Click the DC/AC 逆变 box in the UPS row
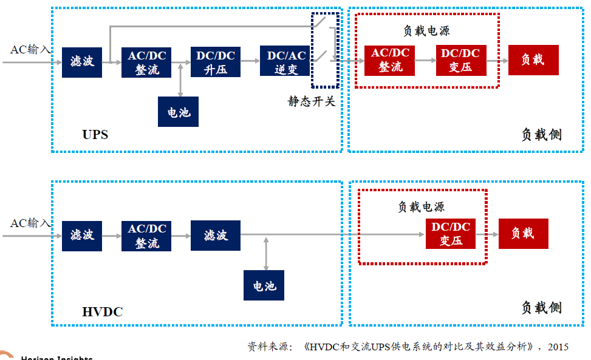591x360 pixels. point(285,61)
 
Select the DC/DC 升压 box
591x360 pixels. point(216,61)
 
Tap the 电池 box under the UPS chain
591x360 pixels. point(178,112)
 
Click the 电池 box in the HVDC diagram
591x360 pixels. point(264,285)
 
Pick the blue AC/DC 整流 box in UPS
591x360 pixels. point(146,61)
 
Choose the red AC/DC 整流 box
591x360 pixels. point(389,60)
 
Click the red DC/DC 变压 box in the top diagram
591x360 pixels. point(460,60)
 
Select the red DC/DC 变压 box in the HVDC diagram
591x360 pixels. point(451,233)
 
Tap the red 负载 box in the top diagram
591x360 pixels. point(533,59)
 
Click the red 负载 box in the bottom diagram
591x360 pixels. point(523,233)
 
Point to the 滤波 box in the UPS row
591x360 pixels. point(82,61)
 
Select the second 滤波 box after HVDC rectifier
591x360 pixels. point(216,235)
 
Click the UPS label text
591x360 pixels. point(95,134)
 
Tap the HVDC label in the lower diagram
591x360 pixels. point(102,312)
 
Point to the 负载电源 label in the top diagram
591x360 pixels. point(427,31)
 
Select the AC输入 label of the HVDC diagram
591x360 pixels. point(30,223)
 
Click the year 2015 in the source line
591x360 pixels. point(558,347)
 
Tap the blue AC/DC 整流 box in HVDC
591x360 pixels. point(146,236)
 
